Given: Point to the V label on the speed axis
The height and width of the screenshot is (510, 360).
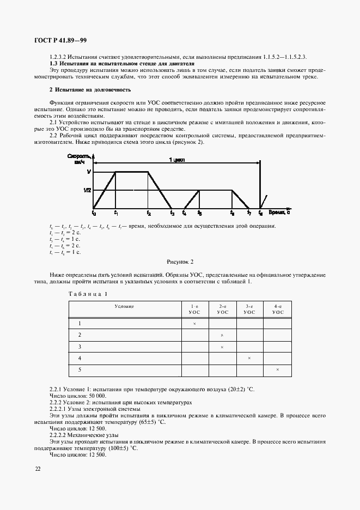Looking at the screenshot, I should click(88, 172).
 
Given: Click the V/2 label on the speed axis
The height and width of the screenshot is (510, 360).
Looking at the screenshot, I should click(87, 190).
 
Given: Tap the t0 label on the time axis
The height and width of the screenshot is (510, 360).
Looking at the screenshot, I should click(94, 213).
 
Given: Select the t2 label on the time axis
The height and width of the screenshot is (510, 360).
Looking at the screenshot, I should click(148, 213).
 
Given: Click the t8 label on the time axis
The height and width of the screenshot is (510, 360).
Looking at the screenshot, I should click(260, 213).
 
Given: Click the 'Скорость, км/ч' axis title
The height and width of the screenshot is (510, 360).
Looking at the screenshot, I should click(81, 158).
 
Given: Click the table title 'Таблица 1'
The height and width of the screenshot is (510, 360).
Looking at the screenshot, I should click(88, 294).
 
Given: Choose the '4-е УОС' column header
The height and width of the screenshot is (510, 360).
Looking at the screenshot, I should click(278, 309).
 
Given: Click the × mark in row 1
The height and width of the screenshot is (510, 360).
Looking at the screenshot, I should click(194, 324).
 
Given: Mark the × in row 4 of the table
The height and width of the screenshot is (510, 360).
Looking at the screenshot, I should click(249, 358).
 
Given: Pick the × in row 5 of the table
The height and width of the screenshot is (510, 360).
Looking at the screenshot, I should click(278, 370).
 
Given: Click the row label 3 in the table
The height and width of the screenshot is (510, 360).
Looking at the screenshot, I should click(80, 347).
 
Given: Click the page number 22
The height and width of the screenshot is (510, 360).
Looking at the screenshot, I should click(38, 469).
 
